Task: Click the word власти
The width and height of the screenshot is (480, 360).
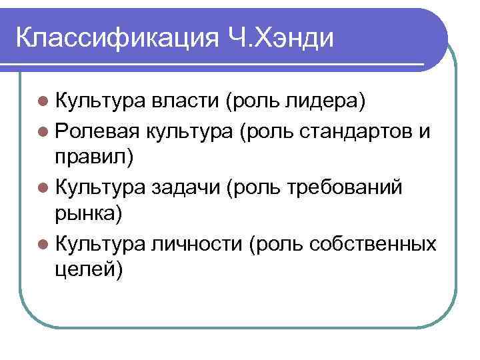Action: tap(185, 103)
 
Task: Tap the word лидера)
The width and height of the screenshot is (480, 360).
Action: tap(327, 103)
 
